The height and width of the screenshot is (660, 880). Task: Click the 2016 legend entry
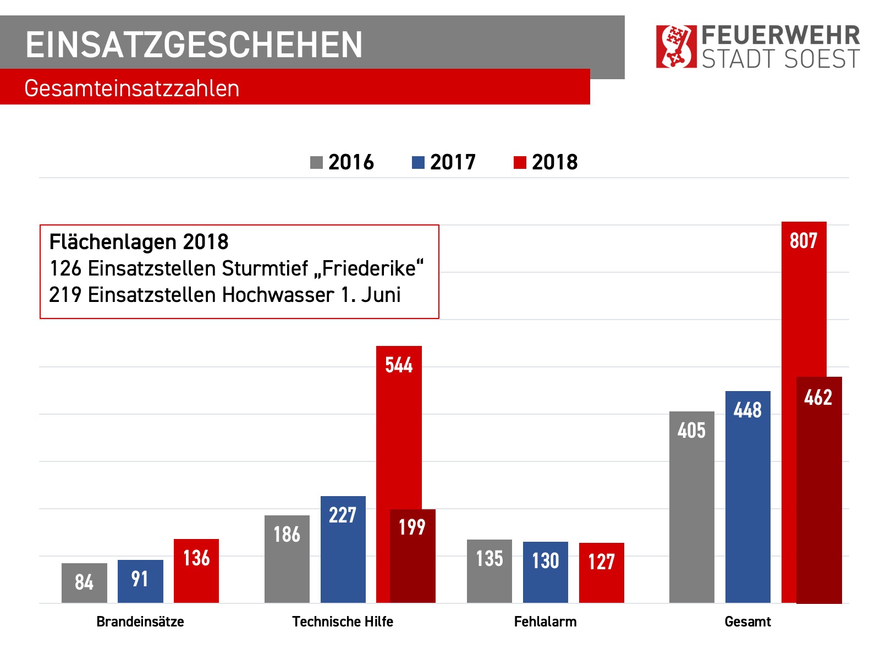[342, 162]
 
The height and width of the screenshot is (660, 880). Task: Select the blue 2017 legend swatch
[418, 163]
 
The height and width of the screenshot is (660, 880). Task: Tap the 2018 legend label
[554, 162]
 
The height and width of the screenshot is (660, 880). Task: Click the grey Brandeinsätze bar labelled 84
[84, 582]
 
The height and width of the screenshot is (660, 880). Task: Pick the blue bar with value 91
[140, 581]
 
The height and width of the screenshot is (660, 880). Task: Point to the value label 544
[399, 365]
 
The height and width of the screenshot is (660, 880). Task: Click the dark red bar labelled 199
[413, 555]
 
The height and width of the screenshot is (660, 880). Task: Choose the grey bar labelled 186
[287, 559]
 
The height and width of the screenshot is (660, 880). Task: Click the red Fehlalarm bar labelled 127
[601, 573]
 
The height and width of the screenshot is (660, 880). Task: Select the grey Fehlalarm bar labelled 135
[489, 571]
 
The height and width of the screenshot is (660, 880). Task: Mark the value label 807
[804, 241]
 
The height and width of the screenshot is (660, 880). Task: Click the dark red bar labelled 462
[819, 490]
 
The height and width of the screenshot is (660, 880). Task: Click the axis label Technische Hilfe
[343, 621]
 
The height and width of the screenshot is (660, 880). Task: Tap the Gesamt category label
[747, 621]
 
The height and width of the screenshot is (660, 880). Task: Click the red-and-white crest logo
[676, 46]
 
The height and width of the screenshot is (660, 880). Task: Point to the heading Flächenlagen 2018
[139, 242]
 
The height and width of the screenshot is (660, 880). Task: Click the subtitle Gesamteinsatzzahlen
[132, 89]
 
